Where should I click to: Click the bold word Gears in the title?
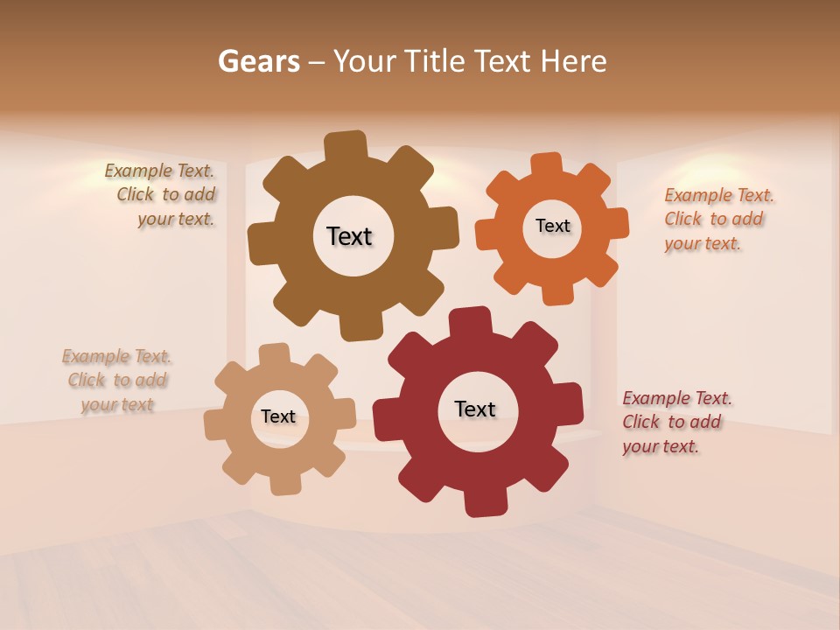point(259,61)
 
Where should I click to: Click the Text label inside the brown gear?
point(349,236)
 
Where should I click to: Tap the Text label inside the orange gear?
point(552,226)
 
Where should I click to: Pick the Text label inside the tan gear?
point(278,416)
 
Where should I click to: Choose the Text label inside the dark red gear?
point(475,409)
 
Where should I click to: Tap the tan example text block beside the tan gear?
point(117,380)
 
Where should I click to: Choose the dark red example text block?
point(675,422)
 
